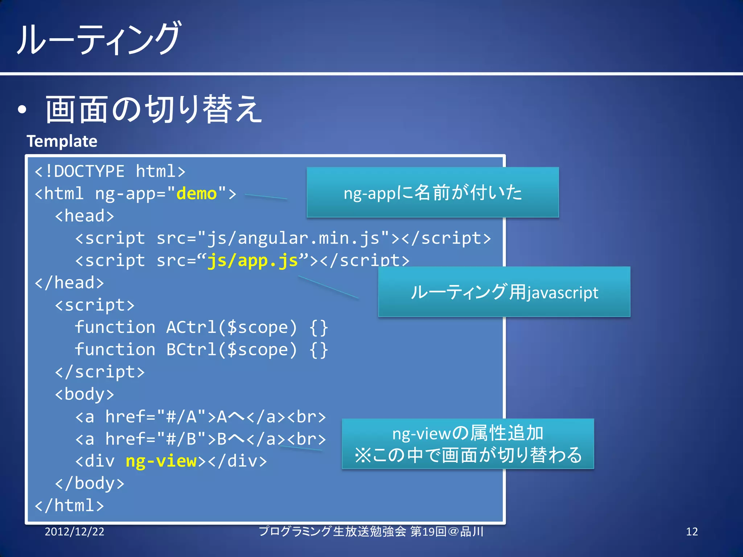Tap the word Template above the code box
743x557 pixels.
pyautogui.click(x=62, y=141)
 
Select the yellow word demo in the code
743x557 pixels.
pyautogui.click(x=196, y=193)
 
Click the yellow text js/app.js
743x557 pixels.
pyautogui.click(x=253, y=260)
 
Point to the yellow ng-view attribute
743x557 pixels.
pyautogui.click(x=161, y=461)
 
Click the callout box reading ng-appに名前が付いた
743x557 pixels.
pyautogui.click(x=432, y=192)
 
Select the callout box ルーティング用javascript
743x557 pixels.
pyautogui.click(x=504, y=292)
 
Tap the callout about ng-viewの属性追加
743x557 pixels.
pyautogui.click(x=468, y=444)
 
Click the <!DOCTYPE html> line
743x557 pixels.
pyautogui.click(x=110, y=171)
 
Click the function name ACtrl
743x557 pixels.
pyautogui.click(x=192, y=327)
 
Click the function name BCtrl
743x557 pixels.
pyautogui.click(x=192, y=350)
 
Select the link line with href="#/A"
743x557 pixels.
pyautogui.click(x=200, y=417)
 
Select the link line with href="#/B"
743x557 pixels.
pyautogui.click(x=200, y=439)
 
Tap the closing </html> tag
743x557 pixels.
pyautogui.click(x=69, y=505)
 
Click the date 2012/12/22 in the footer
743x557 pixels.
pyautogui.click(x=74, y=532)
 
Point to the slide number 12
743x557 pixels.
pyautogui.click(x=691, y=532)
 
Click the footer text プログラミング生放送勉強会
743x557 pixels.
pyautogui.click(x=332, y=532)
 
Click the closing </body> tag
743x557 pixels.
pyautogui.click(x=90, y=483)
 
